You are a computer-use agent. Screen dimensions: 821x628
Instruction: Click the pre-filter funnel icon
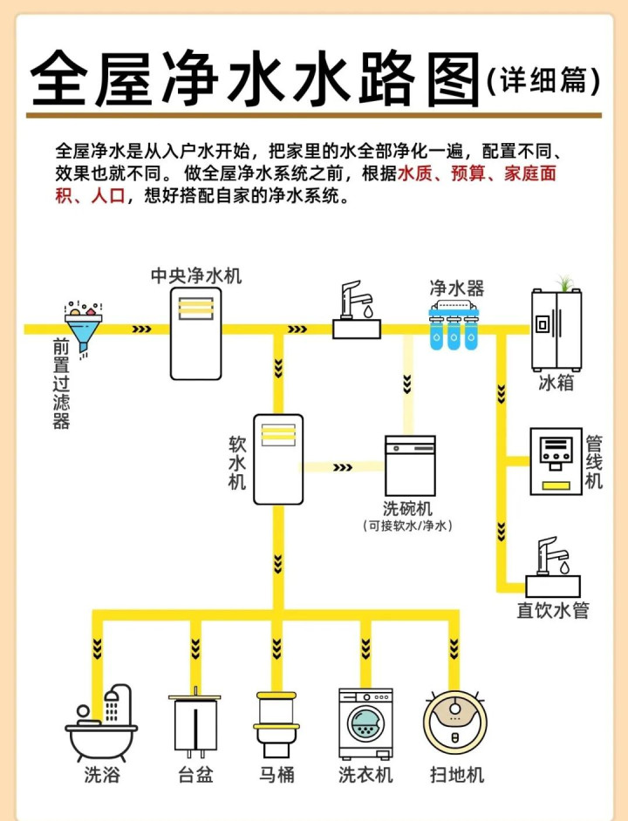coord(83,325)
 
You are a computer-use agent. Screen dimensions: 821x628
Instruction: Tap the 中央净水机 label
coord(196,276)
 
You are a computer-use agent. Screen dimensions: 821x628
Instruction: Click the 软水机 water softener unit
coord(278,458)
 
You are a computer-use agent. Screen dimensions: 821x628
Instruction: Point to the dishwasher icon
coord(410,466)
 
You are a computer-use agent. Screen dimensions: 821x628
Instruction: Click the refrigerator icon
coord(556,329)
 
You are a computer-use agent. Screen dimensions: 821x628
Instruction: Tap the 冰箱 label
coord(556,382)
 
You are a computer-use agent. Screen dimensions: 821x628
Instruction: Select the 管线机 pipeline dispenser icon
coord(556,461)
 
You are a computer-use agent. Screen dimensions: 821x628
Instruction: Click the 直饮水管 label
coord(552,610)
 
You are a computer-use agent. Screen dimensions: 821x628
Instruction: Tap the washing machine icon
coord(365,724)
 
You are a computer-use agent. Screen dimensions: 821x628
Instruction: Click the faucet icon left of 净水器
coord(358,309)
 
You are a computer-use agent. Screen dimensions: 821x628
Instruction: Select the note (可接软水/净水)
coord(408,526)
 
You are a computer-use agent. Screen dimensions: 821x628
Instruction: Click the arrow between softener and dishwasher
coord(341,467)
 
